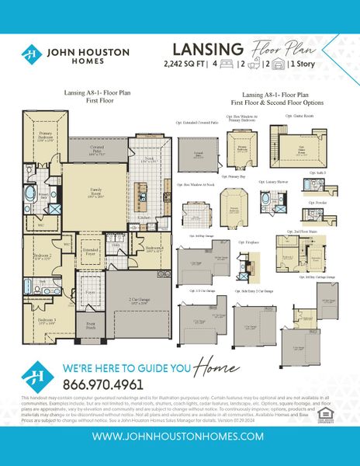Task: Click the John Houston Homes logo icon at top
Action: (31, 55)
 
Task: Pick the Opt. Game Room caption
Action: (298, 115)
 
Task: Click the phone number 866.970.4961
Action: (103, 384)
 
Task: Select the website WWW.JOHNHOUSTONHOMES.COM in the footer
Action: (180, 437)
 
